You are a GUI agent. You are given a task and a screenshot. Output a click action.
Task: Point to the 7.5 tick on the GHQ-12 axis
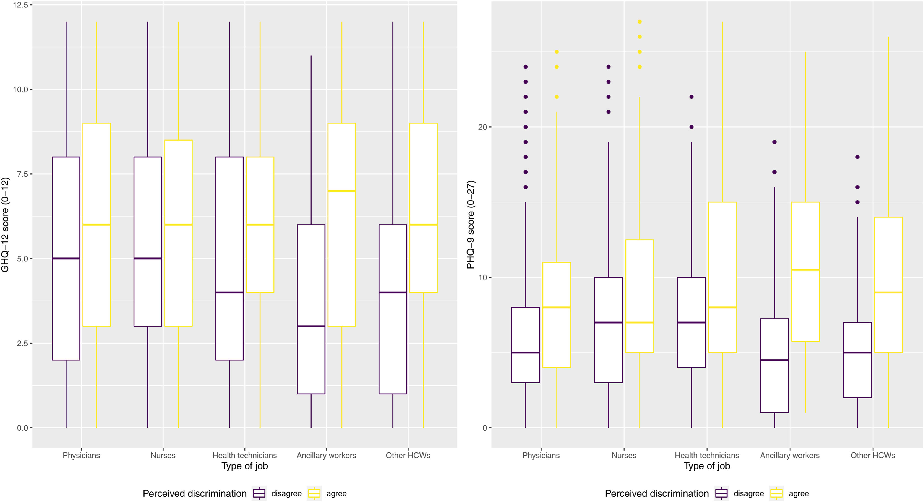[x=22, y=174]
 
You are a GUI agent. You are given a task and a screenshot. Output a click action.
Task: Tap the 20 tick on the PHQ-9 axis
[x=482, y=127]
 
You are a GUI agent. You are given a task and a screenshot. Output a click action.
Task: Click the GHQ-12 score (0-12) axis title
[x=5, y=225]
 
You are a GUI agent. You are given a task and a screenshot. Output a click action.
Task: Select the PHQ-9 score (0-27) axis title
[x=470, y=225]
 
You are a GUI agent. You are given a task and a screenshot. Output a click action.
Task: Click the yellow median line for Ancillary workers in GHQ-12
[x=341, y=191]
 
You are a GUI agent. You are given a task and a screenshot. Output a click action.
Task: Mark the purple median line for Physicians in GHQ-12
[x=66, y=258]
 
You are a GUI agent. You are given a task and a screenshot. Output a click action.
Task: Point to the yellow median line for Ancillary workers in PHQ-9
[x=805, y=270]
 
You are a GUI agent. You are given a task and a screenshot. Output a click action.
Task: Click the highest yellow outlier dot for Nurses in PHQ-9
[x=640, y=22]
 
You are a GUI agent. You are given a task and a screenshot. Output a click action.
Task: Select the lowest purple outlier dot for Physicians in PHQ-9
[x=526, y=187]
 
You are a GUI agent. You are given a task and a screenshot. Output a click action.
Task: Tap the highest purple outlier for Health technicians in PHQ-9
[x=691, y=97]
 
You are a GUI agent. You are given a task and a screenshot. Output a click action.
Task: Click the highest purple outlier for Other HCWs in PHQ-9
[x=857, y=157]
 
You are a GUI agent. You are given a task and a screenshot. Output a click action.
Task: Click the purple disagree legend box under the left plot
[x=259, y=493]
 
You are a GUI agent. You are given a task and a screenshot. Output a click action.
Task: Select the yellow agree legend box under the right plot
[x=776, y=493]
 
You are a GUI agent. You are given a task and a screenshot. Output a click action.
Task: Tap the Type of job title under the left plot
[x=245, y=466]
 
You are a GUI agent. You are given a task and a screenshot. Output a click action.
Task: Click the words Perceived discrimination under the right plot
[x=657, y=493]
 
